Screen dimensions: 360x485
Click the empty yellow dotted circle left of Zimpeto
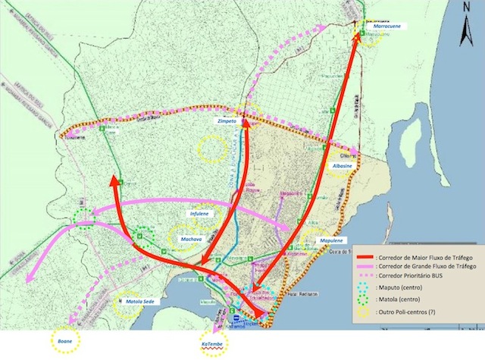coord(212,145)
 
